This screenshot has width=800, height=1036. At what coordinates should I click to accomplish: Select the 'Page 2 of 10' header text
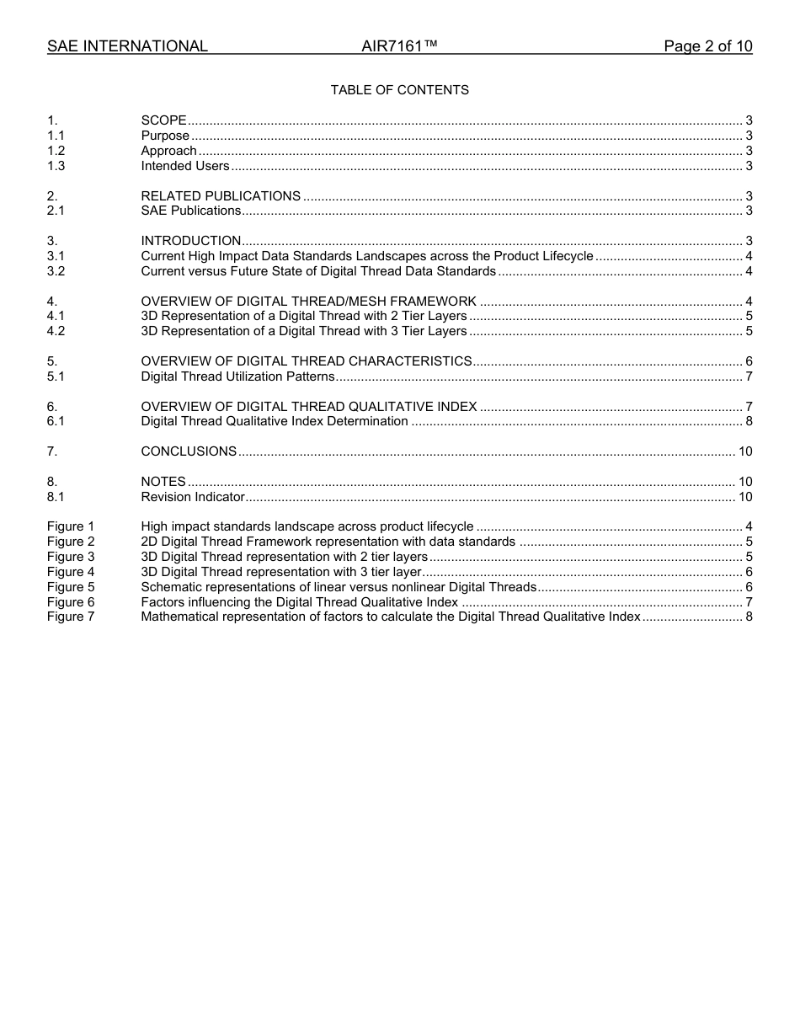(x=707, y=46)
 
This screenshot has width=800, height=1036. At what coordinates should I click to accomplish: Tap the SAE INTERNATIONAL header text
(x=127, y=46)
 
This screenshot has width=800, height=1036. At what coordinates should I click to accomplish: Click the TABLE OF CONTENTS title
(x=399, y=90)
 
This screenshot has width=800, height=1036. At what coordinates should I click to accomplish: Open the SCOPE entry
(x=163, y=120)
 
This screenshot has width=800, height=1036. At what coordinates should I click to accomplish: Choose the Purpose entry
(x=165, y=136)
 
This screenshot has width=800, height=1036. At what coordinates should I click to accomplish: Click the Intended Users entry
(x=184, y=166)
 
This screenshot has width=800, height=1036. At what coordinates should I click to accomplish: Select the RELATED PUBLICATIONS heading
(x=221, y=196)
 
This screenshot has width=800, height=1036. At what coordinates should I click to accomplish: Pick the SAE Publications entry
(x=190, y=211)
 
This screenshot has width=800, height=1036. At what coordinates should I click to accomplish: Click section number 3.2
(x=56, y=271)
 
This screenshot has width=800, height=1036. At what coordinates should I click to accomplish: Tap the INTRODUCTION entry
(x=190, y=241)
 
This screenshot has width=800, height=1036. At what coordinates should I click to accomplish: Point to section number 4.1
(x=56, y=316)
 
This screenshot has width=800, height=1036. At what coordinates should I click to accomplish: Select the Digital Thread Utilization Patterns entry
(x=237, y=376)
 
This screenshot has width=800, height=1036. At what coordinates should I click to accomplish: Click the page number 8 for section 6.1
(x=749, y=421)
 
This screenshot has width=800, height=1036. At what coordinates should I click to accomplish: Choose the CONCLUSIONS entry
(x=189, y=451)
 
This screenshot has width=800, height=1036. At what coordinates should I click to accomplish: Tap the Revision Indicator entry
(x=192, y=497)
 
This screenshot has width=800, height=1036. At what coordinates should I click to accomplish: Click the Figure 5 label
(x=71, y=587)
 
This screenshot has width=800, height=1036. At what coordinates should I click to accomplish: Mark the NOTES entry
(x=163, y=482)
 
